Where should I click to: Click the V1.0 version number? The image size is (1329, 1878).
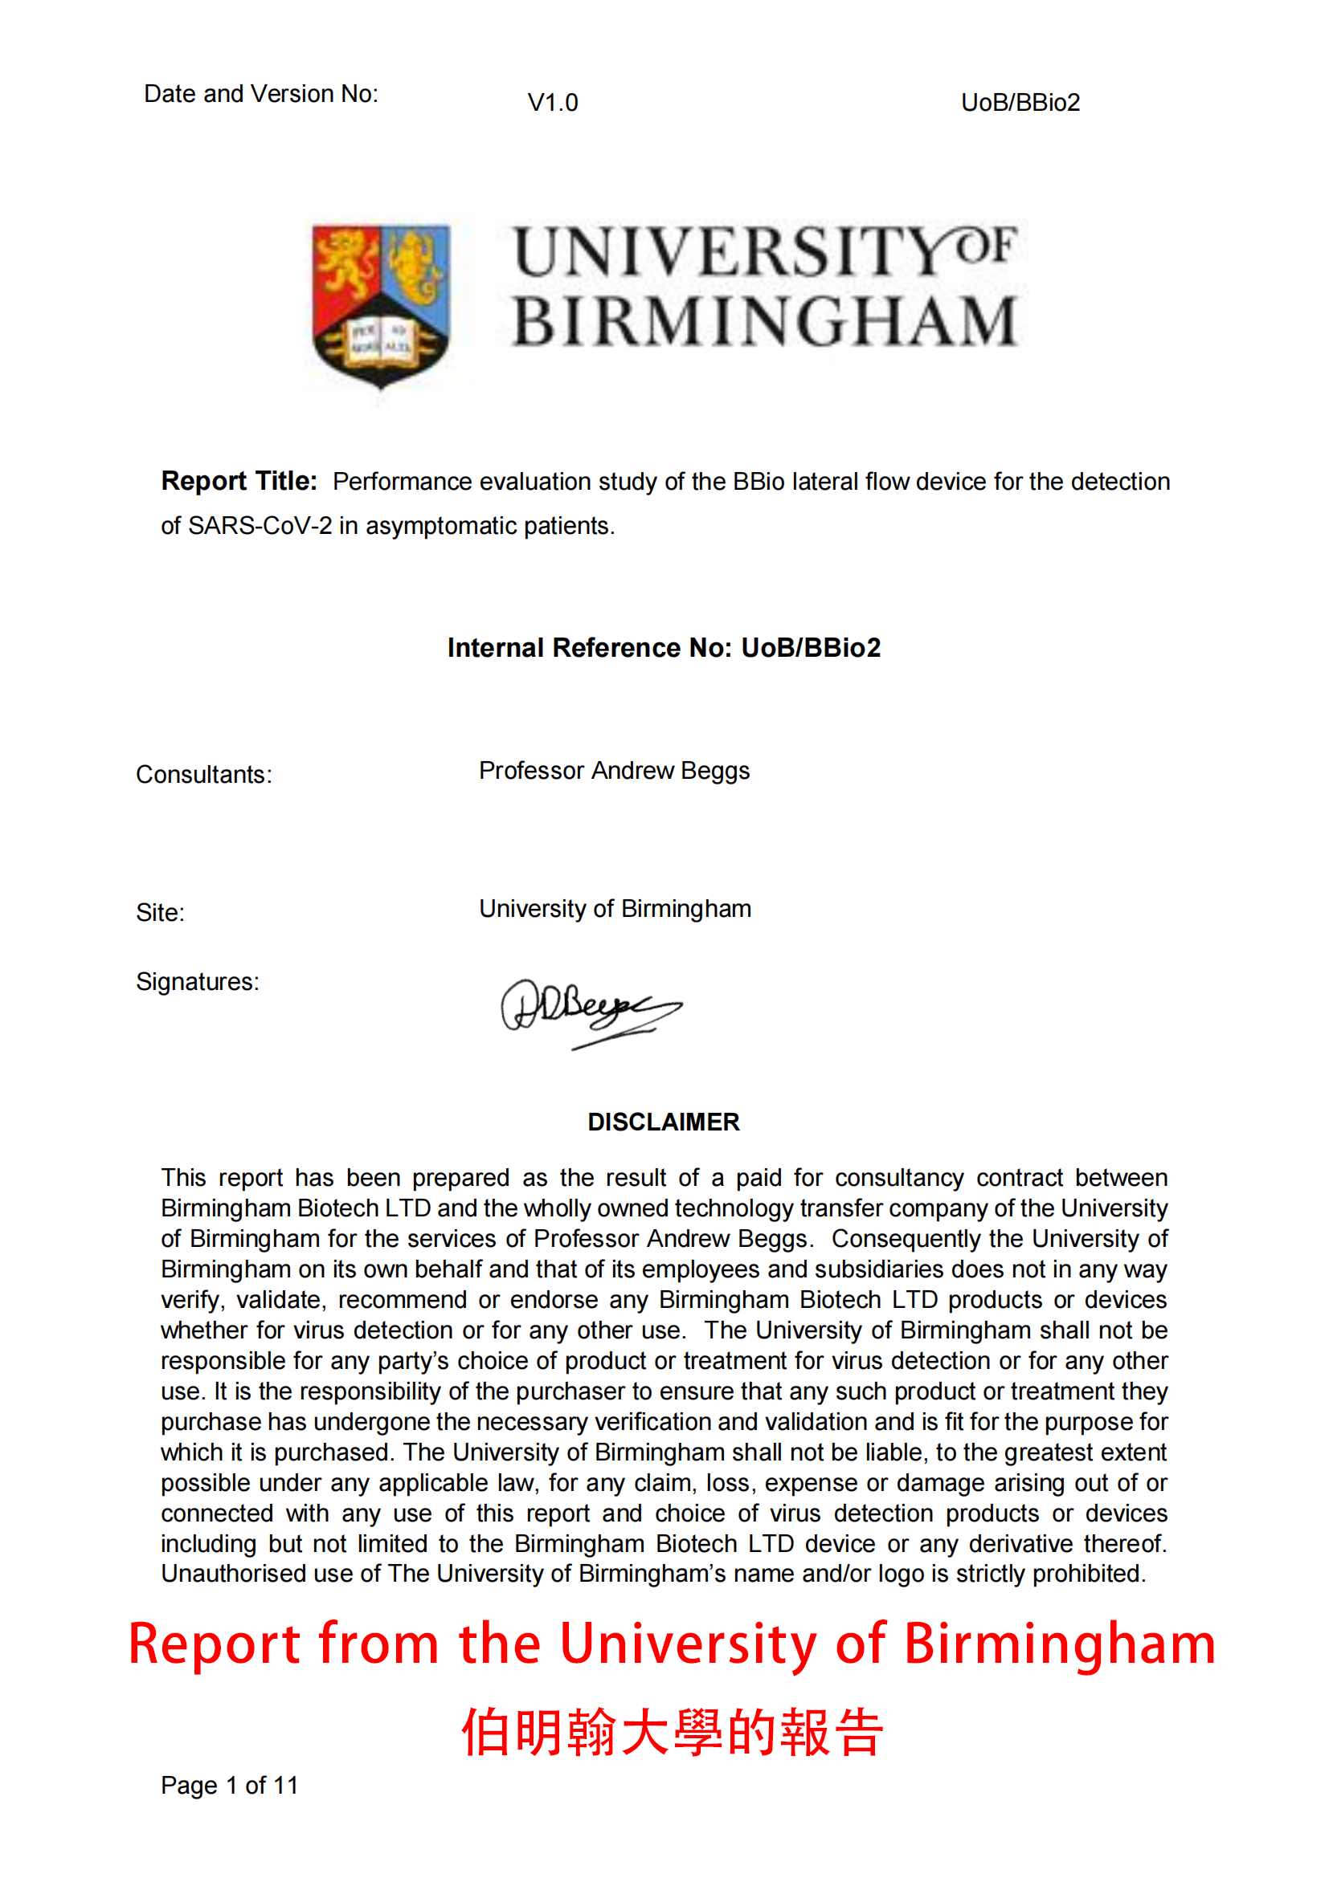click(x=552, y=103)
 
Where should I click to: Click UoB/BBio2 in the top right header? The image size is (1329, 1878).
click(x=1020, y=103)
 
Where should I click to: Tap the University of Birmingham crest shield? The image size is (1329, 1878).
click(x=381, y=303)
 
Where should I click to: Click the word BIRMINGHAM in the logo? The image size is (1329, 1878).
click(x=765, y=321)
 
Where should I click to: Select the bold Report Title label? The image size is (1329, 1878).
click(x=239, y=481)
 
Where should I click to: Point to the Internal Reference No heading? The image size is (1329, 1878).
click(x=664, y=648)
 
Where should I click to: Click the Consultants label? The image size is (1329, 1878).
click(x=204, y=775)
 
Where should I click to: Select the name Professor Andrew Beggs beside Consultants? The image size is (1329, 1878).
click(x=614, y=771)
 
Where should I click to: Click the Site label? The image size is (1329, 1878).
click(x=161, y=913)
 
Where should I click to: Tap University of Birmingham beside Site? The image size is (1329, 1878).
click(x=615, y=909)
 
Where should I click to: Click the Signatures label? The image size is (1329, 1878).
click(x=197, y=981)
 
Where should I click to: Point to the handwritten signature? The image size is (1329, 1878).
click(x=589, y=1011)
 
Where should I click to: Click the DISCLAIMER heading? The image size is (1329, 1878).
click(x=664, y=1122)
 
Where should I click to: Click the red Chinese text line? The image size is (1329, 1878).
click(x=672, y=1732)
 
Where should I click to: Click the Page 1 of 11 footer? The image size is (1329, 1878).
click(x=229, y=1786)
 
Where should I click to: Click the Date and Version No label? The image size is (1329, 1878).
click(x=261, y=94)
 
